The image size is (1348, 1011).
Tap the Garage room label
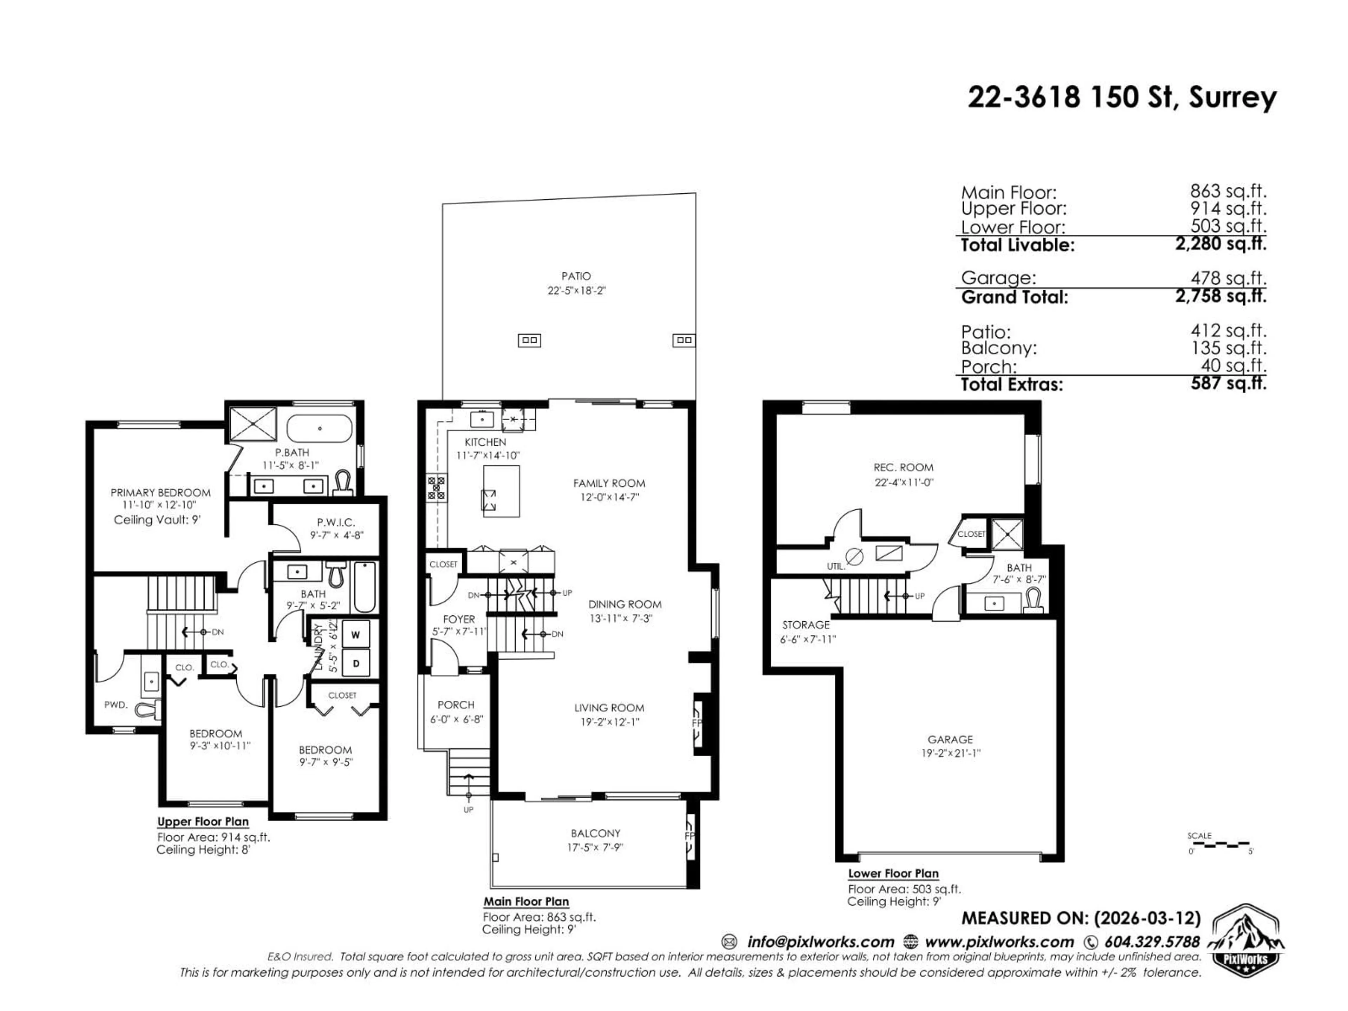(950, 739)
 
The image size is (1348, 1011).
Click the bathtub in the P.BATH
(319, 428)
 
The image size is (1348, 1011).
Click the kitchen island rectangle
(501, 491)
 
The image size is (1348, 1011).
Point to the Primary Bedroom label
(160, 493)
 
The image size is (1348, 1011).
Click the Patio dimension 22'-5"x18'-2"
(576, 291)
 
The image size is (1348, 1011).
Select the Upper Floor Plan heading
(203, 821)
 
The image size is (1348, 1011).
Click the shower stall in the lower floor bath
(1007, 534)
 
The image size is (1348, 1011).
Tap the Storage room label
(806, 625)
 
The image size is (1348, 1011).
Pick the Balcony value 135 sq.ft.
(1228, 348)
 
